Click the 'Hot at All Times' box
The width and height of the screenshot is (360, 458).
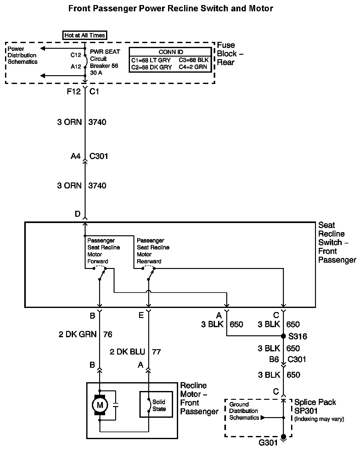[84, 35]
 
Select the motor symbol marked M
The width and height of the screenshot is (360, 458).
[100, 405]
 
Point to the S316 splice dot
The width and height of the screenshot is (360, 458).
[283, 336]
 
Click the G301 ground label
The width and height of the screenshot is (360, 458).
[268, 443]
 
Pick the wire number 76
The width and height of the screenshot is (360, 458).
[108, 334]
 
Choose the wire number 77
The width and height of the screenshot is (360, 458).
[156, 351]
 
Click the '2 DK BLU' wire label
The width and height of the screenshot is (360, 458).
[128, 351]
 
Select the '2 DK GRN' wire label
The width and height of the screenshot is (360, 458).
[77, 334]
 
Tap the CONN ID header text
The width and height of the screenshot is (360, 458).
[171, 52]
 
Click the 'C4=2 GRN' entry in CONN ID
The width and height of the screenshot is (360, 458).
[194, 67]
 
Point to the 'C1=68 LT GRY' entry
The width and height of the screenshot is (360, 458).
[151, 60]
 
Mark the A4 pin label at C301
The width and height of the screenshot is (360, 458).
[76, 156]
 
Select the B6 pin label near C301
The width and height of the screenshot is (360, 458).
[274, 359]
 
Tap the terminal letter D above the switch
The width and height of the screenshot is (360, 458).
[77, 214]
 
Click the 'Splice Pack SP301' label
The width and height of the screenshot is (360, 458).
[315, 406]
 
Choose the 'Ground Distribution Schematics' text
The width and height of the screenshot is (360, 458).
[244, 411]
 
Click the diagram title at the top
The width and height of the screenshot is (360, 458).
[171, 8]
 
